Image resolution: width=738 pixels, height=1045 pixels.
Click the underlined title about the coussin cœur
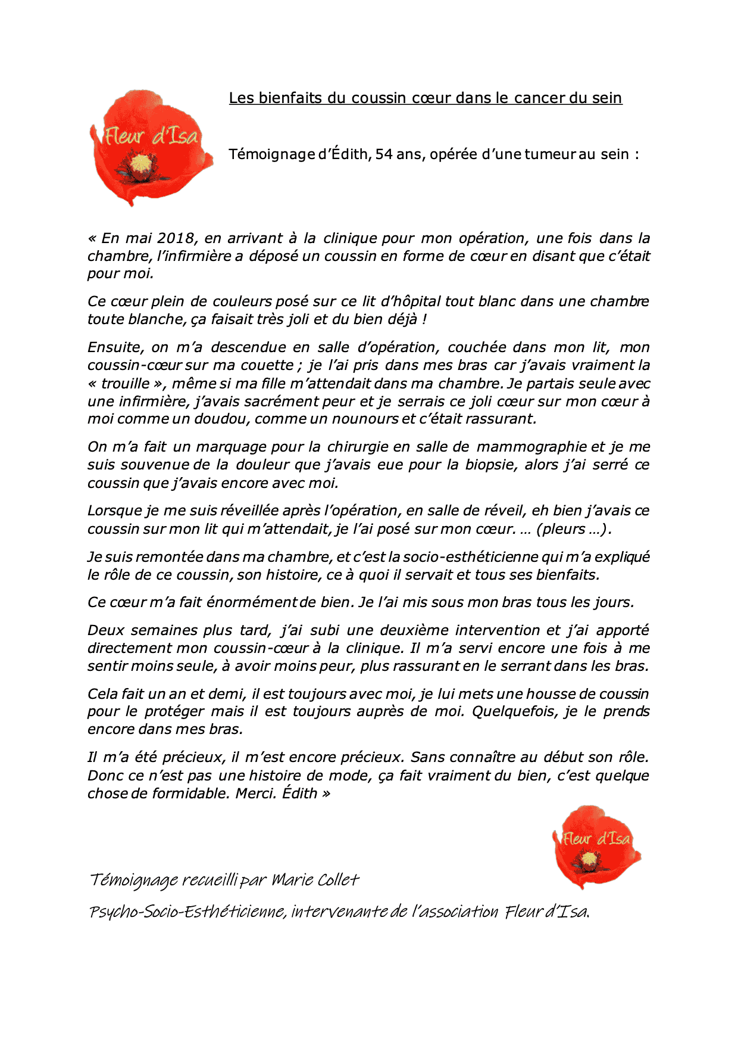coord(426,98)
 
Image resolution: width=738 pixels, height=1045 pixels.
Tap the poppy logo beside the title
coord(150,148)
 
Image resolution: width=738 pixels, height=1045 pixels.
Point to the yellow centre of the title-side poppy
coord(141,163)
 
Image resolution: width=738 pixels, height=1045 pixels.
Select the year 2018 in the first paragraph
coord(176,238)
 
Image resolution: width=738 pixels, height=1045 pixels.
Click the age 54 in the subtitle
coord(384,154)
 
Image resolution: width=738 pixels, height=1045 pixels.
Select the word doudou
coord(226,419)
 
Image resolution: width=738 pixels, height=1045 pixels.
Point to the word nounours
coord(365,419)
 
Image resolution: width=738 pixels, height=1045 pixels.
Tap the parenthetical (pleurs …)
coord(574,529)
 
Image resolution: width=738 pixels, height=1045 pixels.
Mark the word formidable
coord(190,794)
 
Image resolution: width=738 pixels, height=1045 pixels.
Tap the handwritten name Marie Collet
coord(315,880)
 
